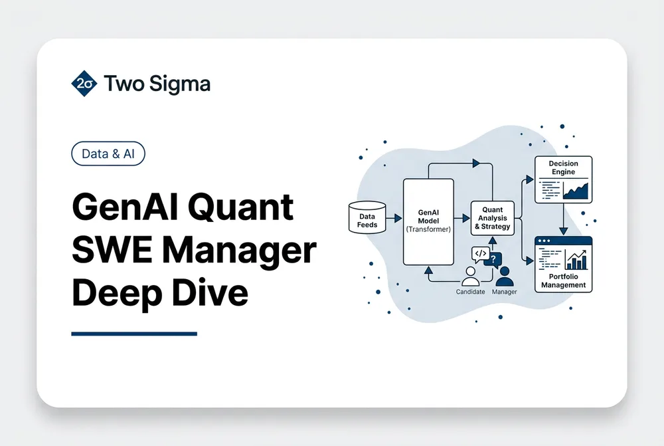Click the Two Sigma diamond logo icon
(84, 84)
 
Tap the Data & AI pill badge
(108, 154)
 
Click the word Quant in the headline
(240, 207)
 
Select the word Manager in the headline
(239, 251)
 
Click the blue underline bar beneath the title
(134, 334)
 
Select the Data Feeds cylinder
(367, 217)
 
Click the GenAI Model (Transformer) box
(428, 222)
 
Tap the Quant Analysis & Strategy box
(493, 218)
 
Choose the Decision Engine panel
(563, 179)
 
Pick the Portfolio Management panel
(563, 265)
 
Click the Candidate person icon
(471, 277)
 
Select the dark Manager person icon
(505, 277)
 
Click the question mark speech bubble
(493, 260)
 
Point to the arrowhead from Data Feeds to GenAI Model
(398, 218)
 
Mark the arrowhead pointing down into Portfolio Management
(563, 231)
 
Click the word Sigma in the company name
(179, 84)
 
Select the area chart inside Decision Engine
(576, 191)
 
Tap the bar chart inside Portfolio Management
(576, 259)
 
